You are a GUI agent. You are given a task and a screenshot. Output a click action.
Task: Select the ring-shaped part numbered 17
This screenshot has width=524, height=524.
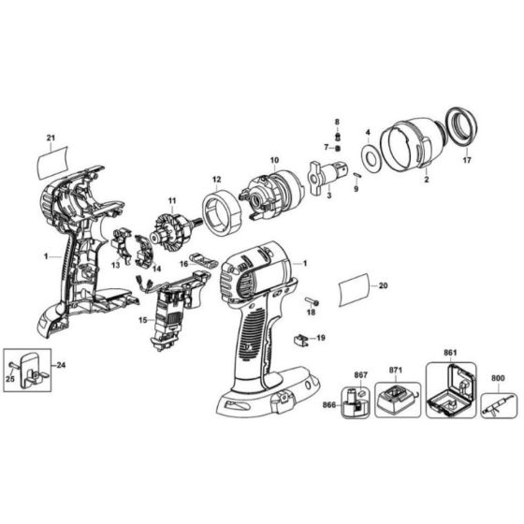click(x=459, y=125)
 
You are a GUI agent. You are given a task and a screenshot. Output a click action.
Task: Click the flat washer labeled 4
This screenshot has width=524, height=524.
click(x=369, y=157)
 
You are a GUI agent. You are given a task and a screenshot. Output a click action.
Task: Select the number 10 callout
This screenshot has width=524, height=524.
click(x=275, y=160)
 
